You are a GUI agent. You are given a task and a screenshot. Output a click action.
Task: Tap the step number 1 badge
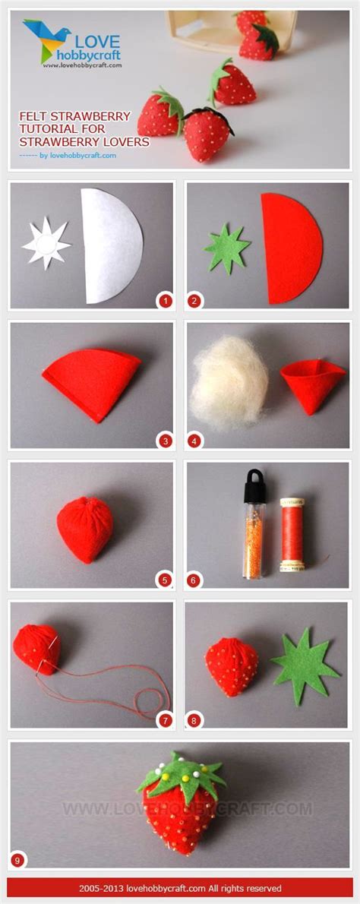(166, 300)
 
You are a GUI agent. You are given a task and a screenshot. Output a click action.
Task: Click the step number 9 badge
(18, 861)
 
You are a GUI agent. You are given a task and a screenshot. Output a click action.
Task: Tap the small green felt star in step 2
(227, 248)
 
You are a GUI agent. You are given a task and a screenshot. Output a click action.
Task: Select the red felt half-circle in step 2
(289, 248)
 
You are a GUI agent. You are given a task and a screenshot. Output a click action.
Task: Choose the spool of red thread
(292, 534)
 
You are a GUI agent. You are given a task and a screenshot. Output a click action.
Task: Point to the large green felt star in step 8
(303, 666)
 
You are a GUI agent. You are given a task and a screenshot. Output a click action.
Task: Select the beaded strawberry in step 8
(232, 666)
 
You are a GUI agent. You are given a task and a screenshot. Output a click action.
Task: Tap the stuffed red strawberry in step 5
(85, 529)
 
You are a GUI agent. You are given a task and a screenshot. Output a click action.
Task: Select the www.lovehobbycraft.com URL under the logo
(82, 65)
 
